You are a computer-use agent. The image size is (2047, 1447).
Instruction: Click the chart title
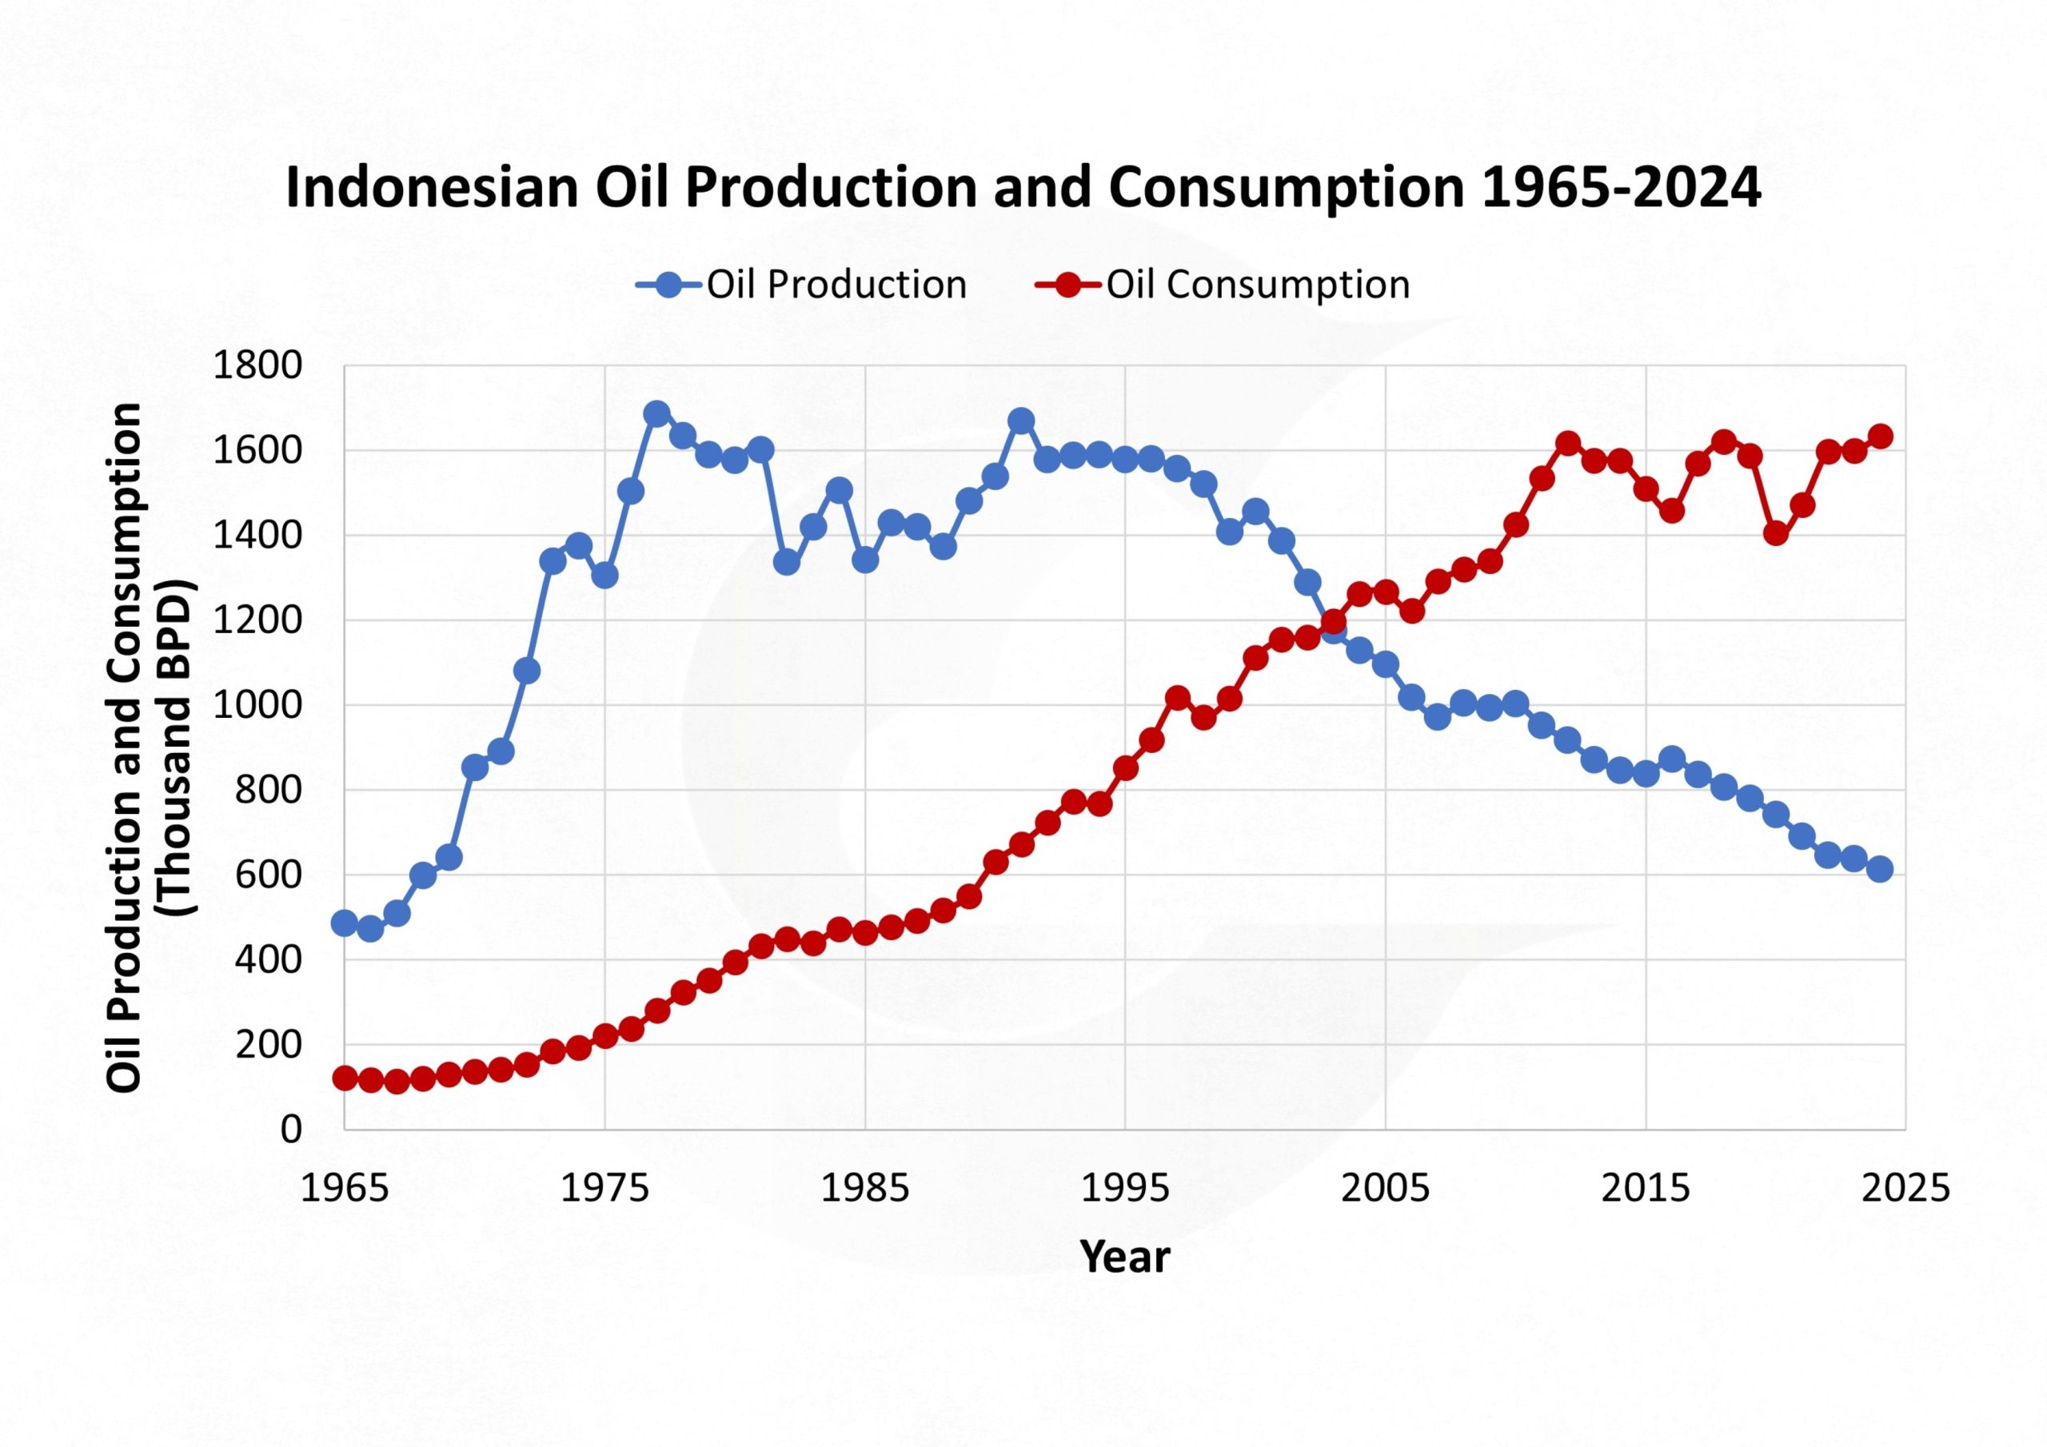click(x=1023, y=188)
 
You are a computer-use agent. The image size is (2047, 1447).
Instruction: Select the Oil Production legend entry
click(x=800, y=285)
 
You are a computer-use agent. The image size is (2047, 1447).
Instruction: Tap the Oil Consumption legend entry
click(x=1223, y=285)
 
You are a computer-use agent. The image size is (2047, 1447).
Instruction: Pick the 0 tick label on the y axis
click(x=290, y=1130)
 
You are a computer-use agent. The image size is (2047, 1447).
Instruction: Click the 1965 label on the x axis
click(x=344, y=1189)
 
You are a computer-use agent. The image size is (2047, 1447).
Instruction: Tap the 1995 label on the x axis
click(x=1125, y=1189)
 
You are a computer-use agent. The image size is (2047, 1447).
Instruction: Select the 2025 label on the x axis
click(x=1905, y=1189)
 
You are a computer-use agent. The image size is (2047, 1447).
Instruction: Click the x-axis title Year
click(x=1124, y=1257)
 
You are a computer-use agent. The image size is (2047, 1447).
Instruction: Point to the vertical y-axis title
click(x=149, y=747)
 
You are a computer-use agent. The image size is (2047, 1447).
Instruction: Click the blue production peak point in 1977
click(x=657, y=413)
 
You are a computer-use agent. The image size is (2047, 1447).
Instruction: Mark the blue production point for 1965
click(x=344, y=923)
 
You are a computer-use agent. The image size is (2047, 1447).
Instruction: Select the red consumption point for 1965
click(x=344, y=1078)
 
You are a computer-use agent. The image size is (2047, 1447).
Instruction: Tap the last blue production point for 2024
click(x=1879, y=869)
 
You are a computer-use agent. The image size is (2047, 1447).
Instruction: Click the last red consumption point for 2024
click(x=1879, y=436)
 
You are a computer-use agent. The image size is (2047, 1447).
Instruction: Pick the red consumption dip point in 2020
click(x=1775, y=533)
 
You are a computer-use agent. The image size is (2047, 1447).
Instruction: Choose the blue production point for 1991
click(x=1021, y=420)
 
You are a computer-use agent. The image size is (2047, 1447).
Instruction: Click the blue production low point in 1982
click(x=786, y=562)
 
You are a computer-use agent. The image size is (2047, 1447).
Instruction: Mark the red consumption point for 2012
click(x=1567, y=443)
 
